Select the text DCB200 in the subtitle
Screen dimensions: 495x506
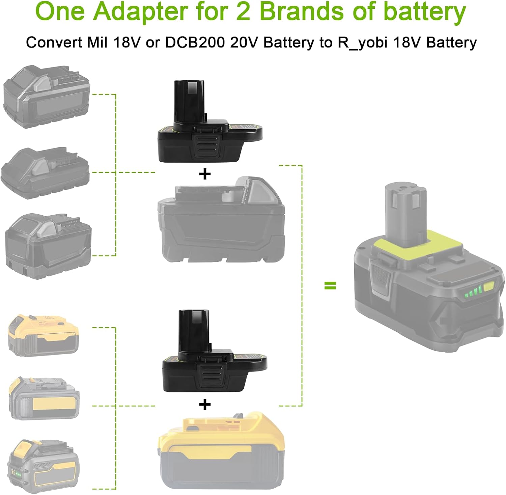tap(195, 43)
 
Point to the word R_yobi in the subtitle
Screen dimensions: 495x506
tap(363, 43)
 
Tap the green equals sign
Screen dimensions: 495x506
tap(330, 286)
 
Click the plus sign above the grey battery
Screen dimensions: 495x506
tap(205, 174)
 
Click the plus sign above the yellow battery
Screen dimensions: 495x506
tap(205, 405)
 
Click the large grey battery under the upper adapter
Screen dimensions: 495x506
tap(221, 221)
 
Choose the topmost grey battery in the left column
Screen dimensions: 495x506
tap(47, 97)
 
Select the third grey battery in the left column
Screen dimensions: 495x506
tap(48, 246)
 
